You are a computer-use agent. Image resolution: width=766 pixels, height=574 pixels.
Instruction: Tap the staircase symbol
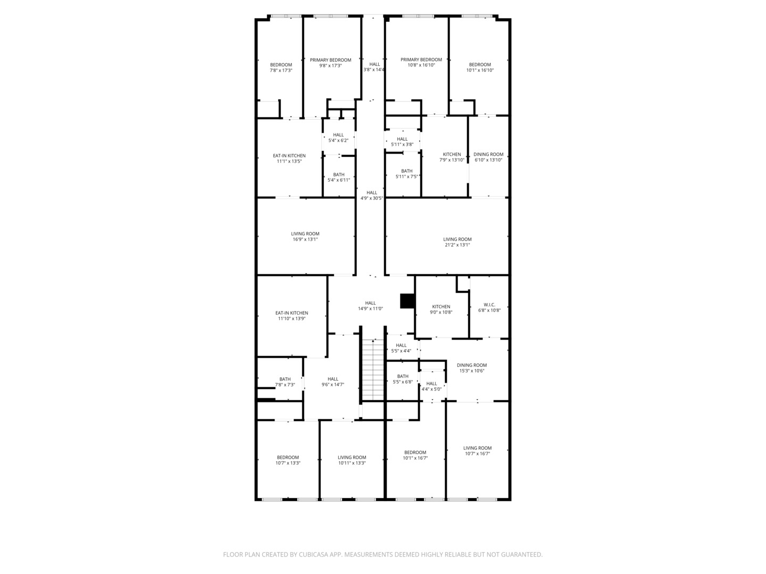pos(373,370)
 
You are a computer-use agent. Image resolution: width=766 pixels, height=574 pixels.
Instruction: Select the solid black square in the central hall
pos(407,301)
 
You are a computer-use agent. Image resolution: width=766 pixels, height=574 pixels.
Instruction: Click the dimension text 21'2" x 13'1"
pos(457,244)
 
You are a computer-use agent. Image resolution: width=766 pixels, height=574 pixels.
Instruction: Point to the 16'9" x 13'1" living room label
pos(305,237)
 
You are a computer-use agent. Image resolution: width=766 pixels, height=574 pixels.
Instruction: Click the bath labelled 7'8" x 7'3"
pos(285,382)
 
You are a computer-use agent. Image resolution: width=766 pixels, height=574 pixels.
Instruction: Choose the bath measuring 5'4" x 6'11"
pos(338,178)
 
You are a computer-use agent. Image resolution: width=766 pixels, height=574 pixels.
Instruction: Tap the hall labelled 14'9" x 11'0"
pos(370,306)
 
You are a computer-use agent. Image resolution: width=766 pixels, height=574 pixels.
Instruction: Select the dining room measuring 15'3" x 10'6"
pos(472,368)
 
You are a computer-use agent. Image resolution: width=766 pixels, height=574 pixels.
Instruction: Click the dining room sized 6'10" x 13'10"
pos(488,157)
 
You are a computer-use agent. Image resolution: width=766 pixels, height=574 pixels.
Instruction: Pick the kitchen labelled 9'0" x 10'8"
pos(441,309)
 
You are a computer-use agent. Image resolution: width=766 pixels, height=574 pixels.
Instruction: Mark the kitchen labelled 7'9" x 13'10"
pos(452,157)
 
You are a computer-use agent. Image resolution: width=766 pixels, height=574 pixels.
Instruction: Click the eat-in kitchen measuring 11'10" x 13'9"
pos(292,316)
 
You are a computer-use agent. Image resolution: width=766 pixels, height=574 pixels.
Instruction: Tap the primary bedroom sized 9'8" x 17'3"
pos(330,63)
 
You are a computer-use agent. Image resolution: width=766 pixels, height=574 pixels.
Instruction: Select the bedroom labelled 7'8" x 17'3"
pos(281,67)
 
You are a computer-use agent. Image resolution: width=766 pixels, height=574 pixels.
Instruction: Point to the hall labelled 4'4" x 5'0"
pos(431,386)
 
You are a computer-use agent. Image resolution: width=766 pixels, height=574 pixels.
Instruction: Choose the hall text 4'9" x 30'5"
pos(372,198)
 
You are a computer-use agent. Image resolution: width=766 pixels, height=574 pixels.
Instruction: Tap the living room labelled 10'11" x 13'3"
pos(352,460)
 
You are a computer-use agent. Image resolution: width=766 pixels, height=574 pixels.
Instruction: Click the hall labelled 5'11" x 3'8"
pos(402,142)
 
